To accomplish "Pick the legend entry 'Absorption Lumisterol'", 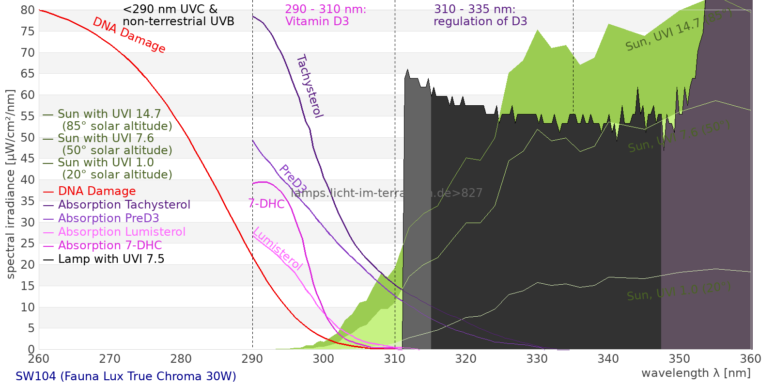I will click(122, 232).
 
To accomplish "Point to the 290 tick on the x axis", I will click(252, 359).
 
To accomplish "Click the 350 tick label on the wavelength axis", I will click(680, 359).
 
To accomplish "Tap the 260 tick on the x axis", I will click(39, 359).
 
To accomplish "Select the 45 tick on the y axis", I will click(28, 159).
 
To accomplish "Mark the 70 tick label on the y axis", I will click(28, 52).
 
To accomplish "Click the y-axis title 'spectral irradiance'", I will click(11, 184).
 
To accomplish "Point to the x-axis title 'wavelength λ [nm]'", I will click(696, 373).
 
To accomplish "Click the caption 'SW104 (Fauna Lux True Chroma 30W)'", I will click(126, 376).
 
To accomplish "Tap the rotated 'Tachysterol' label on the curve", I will click(310, 86).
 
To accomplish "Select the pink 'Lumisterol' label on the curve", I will click(278, 248).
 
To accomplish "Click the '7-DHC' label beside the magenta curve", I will click(266, 204).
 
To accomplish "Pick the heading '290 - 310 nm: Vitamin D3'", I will click(325, 15).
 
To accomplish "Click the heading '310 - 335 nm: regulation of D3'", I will click(480, 15).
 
